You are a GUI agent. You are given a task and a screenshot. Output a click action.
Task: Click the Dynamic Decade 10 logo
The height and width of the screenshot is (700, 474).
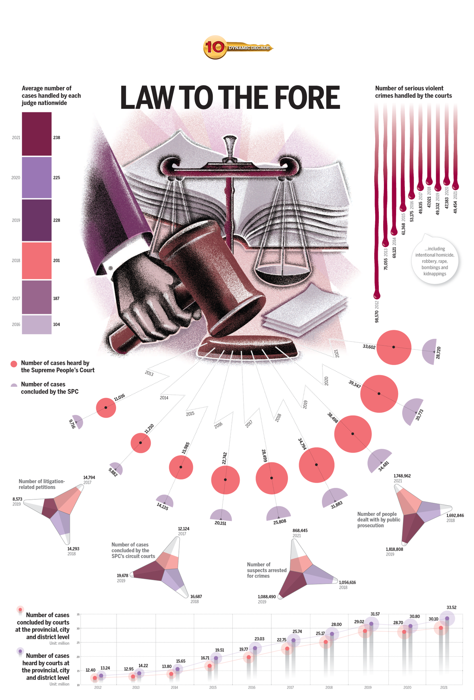tap(237, 48)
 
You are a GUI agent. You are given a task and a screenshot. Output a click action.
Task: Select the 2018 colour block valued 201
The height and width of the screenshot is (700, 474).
tap(37, 260)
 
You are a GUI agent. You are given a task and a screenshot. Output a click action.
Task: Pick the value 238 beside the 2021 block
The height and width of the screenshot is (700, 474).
tap(56, 138)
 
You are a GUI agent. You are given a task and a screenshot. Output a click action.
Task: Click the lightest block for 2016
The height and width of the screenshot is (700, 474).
tap(37, 325)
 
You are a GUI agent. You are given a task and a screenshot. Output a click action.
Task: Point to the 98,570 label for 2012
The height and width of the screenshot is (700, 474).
tap(376, 317)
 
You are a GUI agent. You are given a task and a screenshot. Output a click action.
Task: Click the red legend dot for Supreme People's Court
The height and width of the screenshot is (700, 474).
tap(14, 364)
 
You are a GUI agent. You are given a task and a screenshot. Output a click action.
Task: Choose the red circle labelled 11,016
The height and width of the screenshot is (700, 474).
tap(106, 407)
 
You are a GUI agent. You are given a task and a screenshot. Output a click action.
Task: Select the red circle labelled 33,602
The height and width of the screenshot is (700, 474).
tap(394, 347)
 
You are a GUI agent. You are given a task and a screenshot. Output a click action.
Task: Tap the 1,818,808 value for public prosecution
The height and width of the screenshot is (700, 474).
tap(394, 549)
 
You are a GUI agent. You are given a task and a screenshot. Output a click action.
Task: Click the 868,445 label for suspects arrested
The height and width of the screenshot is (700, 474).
tap(300, 530)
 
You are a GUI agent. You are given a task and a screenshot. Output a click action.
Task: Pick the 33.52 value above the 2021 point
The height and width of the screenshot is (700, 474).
tap(451, 607)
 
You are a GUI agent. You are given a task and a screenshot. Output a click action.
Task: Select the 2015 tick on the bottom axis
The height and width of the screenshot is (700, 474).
tap(213, 687)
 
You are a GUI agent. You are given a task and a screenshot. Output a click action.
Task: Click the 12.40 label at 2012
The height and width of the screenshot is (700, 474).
tap(90, 670)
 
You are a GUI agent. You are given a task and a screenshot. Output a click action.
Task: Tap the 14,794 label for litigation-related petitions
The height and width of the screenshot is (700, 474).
tap(89, 477)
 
